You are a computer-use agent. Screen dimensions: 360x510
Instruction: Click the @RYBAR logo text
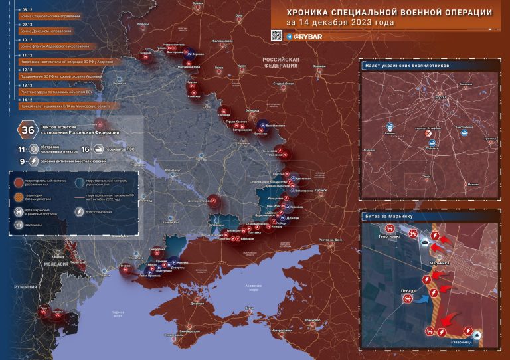(309, 36)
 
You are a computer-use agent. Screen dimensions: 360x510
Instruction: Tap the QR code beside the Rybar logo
(276, 35)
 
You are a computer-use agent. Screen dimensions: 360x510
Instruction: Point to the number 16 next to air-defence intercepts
(85, 151)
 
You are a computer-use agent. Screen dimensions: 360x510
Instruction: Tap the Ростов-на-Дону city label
(330, 240)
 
